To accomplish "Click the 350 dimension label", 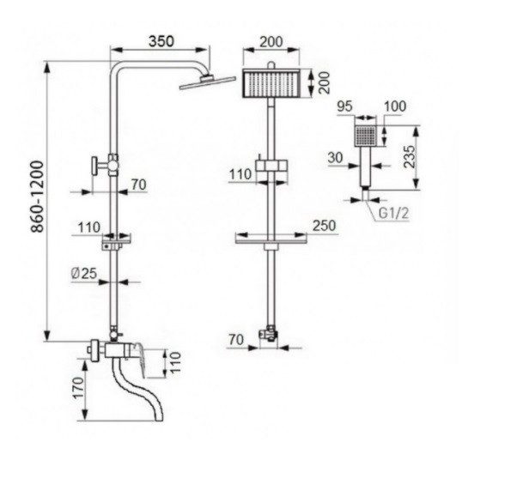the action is [161, 41].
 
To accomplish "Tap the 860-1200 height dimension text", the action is [37, 197].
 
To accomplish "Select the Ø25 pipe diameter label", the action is [84, 273].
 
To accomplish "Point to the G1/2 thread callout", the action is [393, 213].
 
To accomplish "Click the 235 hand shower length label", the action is [410, 157].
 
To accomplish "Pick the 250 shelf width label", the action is [325, 226].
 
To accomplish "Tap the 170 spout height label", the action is [78, 388].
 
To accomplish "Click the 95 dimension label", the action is [345, 106].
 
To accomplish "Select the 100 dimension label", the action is [395, 106].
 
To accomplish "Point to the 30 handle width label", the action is [335, 158].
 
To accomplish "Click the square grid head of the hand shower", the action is [365, 136].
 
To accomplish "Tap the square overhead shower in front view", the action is [271, 83].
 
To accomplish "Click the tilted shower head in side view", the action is [208, 82].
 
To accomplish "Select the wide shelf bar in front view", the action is [271, 242].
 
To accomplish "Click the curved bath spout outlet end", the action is [158, 416].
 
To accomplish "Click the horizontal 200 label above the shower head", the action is [271, 42].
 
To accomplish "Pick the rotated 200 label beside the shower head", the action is [325, 82].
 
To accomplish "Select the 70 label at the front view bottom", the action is [236, 339].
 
